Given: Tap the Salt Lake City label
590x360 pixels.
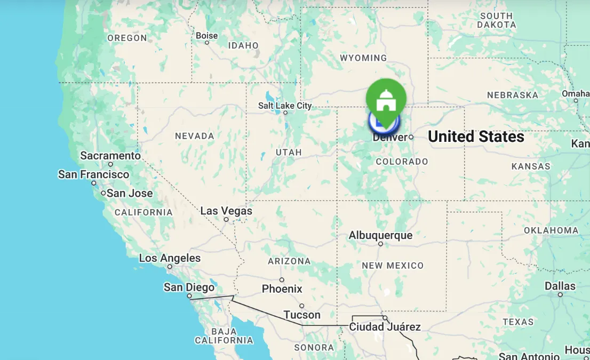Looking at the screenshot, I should [285, 106].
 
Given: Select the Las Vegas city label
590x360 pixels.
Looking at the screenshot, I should [226, 211].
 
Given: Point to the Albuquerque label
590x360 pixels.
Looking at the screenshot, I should [380, 235].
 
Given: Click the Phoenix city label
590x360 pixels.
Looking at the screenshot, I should [282, 289].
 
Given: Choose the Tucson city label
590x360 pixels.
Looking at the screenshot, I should [302, 315].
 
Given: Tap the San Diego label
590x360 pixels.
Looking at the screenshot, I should [189, 287].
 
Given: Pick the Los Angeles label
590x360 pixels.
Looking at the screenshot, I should [170, 258].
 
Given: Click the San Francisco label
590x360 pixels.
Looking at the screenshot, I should [93, 174].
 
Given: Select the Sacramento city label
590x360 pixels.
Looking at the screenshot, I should [110, 156].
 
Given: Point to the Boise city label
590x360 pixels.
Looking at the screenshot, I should [207, 36].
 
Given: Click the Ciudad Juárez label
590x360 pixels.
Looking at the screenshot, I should [385, 327].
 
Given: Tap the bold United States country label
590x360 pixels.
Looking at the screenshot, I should [476, 137].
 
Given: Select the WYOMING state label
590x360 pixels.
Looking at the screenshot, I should [363, 58].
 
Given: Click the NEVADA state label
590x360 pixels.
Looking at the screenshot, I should [194, 136].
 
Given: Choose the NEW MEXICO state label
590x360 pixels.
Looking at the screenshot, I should [393, 266].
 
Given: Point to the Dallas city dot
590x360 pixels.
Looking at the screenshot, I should [560, 294].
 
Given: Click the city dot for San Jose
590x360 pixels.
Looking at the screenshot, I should [103, 193].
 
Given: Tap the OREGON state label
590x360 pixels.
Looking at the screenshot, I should [127, 38].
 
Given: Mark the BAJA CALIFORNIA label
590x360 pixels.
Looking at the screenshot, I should [224, 335].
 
